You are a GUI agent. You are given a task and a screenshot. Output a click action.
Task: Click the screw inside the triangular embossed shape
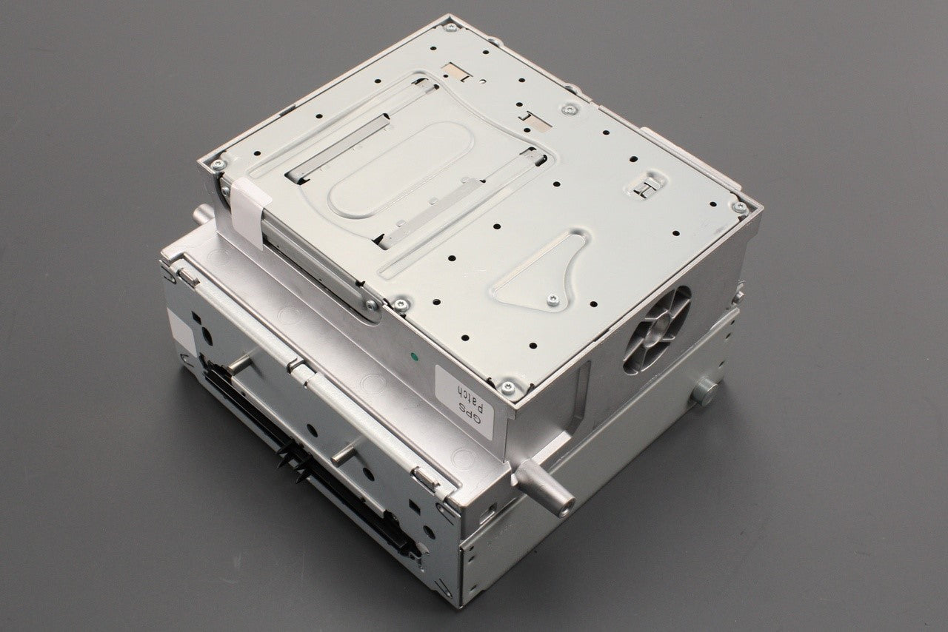(x=553, y=300)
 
